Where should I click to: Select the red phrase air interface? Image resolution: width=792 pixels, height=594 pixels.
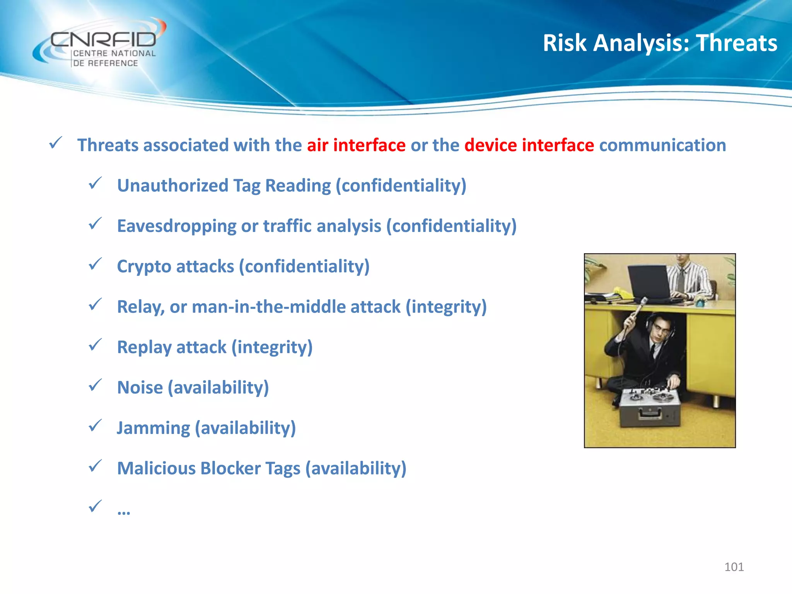[356, 145]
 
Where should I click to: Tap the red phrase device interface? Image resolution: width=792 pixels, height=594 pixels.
[529, 145]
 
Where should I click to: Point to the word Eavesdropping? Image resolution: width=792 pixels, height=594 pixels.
[176, 226]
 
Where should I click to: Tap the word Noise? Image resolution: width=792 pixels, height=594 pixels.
[140, 387]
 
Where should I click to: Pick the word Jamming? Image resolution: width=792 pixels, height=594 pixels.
[153, 428]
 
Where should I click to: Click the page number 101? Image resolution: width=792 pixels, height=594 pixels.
[734, 567]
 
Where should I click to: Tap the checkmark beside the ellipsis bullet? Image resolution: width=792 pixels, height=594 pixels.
[95, 506]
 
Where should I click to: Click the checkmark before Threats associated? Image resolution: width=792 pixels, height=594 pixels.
[56, 143]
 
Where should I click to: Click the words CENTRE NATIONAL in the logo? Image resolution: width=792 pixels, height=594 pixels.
[114, 53]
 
